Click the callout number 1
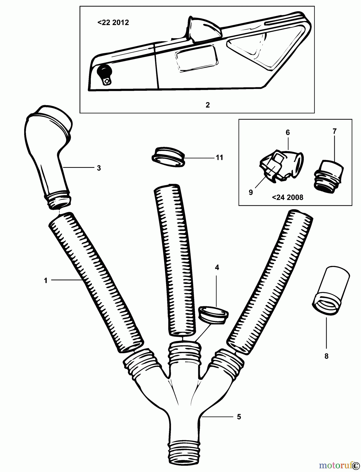[x=46, y=281]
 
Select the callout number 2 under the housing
[x=208, y=105]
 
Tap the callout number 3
[x=99, y=168]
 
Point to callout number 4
[x=217, y=267]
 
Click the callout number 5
[x=239, y=417]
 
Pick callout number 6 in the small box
[x=288, y=132]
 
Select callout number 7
[x=334, y=131]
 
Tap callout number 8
[x=326, y=356]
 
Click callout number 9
[x=251, y=192]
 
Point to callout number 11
[x=219, y=158]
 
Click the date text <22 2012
[x=113, y=23]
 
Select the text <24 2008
[x=287, y=197]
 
